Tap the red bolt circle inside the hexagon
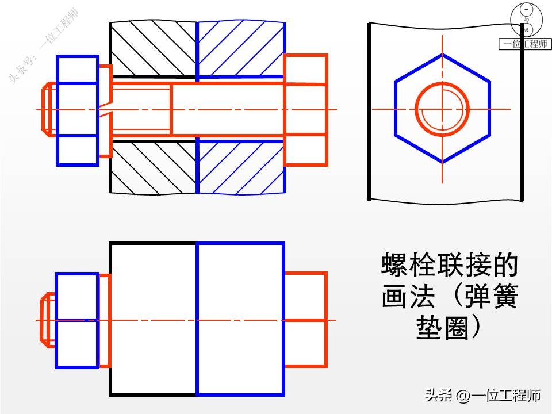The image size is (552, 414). click(442, 109)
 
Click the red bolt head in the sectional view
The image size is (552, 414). click(306, 109)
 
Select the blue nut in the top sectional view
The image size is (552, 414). click(77, 110)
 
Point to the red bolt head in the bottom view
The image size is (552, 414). click(306, 320)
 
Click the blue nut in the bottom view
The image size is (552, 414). click(77, 320)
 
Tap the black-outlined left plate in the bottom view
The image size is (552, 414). click(152, 320)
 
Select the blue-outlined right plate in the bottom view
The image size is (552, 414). click(240, 320)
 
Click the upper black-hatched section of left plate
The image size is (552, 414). click(153, 49)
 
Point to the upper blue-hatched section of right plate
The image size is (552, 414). click(240, 49)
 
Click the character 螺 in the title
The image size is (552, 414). click(394, 266)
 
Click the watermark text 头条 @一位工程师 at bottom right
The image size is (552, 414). click(482, 396)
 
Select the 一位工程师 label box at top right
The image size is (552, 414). click(524, 44)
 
